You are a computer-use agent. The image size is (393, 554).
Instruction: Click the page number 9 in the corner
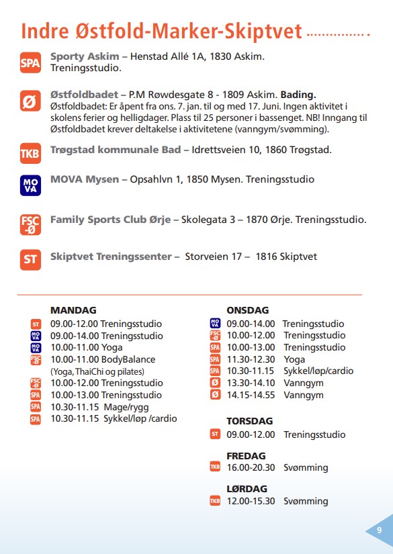[x=380, y=530]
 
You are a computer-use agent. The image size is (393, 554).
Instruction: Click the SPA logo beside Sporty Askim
[x=30, y=64]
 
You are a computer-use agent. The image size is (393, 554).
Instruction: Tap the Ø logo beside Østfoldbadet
[x=30, y=102]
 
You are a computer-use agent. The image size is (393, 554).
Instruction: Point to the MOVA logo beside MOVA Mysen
[x=30, y=185]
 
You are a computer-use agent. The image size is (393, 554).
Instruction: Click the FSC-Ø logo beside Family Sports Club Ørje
[x=30, y=224]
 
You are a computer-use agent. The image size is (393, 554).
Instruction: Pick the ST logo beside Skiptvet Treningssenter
[x=30, y=260]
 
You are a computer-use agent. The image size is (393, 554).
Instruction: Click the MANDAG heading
[x=73, y=310]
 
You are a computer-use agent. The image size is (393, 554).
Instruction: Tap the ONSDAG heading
[x=248, y=310]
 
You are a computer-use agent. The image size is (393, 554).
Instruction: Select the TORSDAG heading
[x=250, y=421]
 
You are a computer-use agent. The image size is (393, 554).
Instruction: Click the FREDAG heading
[x=246, y=455]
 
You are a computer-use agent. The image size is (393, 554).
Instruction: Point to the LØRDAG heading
[x=247, y=489]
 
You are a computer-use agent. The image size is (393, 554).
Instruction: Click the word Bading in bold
[x=298, y=94]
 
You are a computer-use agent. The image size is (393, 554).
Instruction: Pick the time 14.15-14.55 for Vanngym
[x=251, y=395]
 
